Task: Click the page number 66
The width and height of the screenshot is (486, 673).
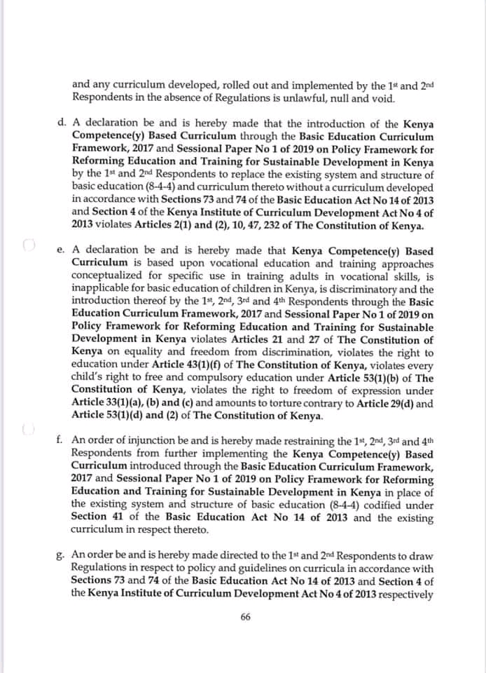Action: pos(245,618)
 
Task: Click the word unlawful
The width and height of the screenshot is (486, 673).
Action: pos(306,95)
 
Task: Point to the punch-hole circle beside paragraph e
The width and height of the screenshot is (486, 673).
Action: pos(28,245)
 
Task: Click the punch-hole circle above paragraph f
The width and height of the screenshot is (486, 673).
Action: pos(28,428)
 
